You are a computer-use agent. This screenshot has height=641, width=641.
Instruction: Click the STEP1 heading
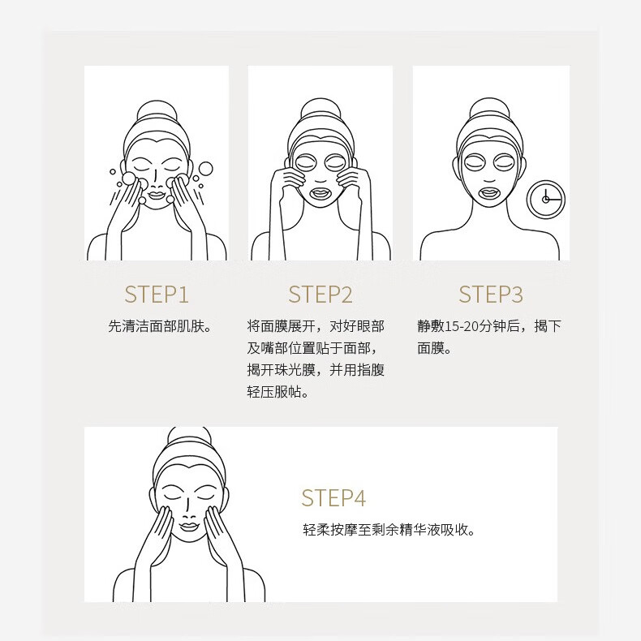(157, 294)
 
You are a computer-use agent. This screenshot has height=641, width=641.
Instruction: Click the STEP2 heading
(320, 294)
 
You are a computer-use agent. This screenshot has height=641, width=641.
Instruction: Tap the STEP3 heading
(490, 294)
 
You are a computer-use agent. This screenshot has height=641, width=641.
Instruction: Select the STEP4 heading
(333, 497)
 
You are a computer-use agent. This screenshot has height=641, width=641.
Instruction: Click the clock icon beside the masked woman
(545, 199)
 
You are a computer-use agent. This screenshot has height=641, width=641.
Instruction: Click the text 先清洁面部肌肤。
(160, 326)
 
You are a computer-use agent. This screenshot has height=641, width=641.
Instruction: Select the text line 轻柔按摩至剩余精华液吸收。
(389, 530)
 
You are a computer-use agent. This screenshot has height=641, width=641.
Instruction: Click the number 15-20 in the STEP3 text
(460, 326)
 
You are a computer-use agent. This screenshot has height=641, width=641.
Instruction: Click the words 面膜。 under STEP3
(434, 348)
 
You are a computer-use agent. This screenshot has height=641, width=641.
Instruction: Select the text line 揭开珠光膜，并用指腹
(316, 370)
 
